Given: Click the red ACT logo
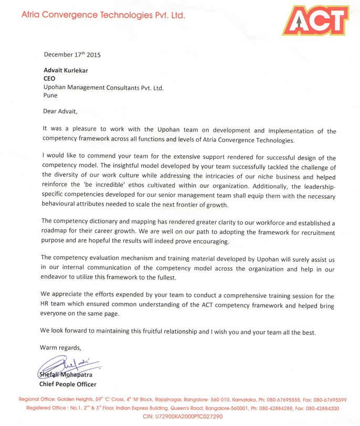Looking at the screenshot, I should (316, 20).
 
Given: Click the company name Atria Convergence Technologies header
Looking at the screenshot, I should (103, 16).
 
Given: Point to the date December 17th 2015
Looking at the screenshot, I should (72, 55).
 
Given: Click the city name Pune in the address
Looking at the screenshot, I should (51, 96).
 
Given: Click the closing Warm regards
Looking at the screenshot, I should (61, 347).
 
